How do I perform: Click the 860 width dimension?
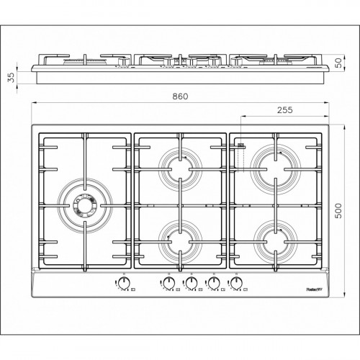tap(179, 96)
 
